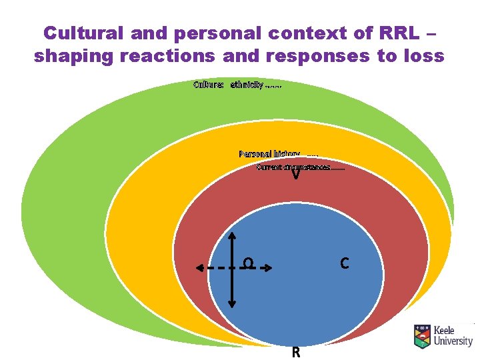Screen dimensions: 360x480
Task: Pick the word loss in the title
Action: [422, 56]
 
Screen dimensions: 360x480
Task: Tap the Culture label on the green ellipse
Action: [209, 85]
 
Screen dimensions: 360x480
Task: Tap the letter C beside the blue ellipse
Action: [344, 264]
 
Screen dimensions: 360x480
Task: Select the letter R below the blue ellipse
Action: [295, 352]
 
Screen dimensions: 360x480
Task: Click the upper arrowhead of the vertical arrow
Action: [232, 235]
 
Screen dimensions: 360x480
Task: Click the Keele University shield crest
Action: [422, 337]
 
